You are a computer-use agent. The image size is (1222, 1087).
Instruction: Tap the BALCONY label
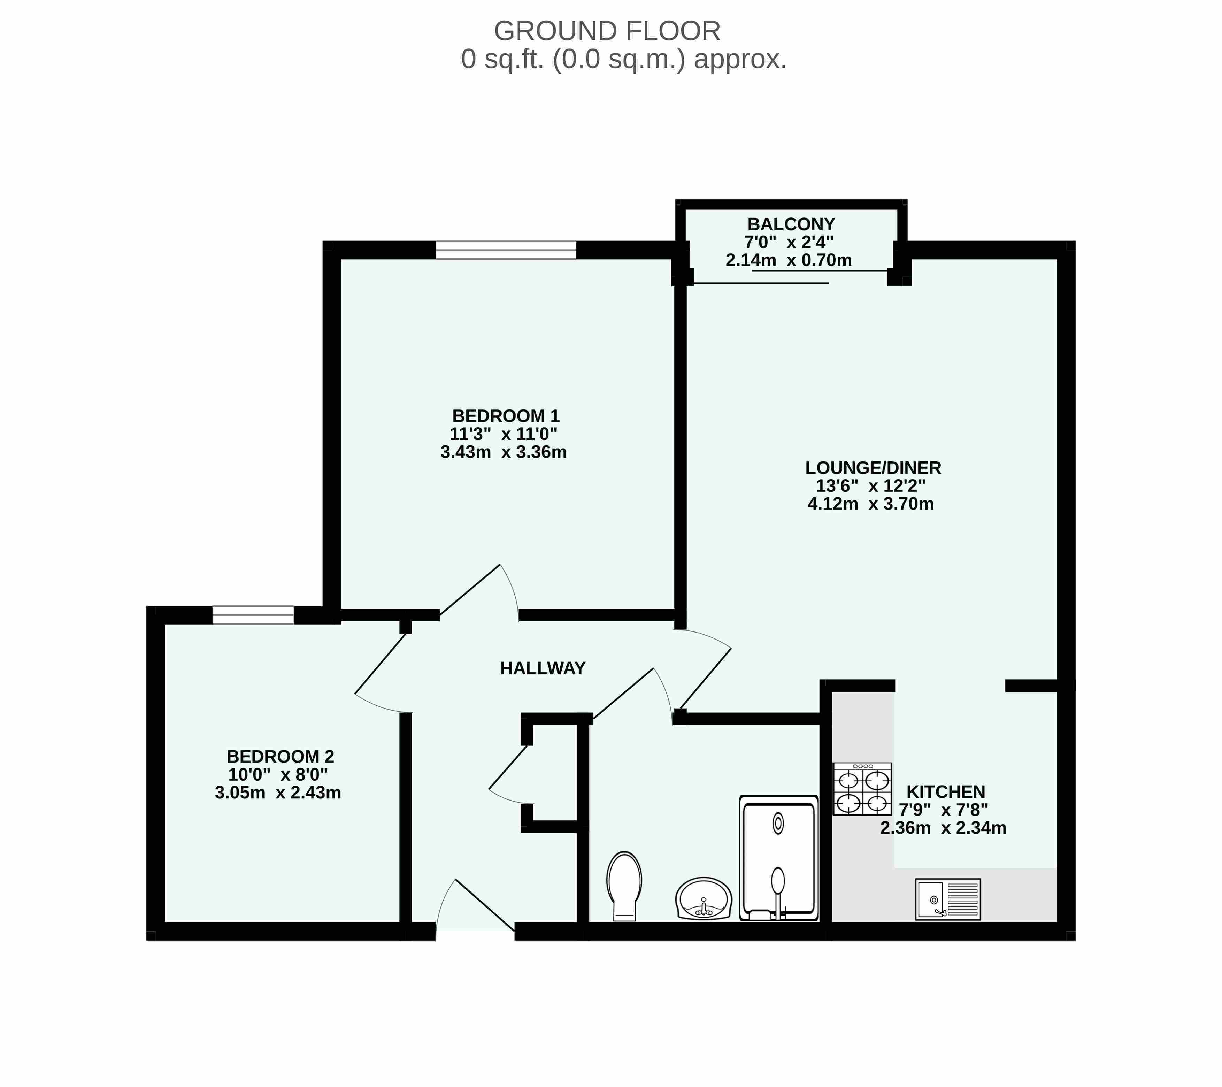tap(791, 224)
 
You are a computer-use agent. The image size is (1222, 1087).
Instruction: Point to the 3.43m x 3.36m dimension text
tap(504, 452)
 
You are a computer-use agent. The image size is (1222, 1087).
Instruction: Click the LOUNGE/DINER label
tap(873, 468)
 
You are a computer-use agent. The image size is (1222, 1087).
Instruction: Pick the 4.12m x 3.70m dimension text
tap(870, 504)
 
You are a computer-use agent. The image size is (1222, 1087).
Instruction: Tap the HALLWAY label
tap(543, 668)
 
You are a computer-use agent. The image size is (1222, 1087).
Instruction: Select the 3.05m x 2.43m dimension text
tap(278, 793)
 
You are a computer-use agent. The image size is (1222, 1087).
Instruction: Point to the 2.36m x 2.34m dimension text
tap(943, 828)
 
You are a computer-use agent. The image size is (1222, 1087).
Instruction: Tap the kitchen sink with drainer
tap(948, 899)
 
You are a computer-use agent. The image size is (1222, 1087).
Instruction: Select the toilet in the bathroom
tap(624, 886)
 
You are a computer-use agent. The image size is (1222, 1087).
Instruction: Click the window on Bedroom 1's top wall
tap(506, 250)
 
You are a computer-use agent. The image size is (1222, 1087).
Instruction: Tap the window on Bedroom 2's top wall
tap(253, 615)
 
